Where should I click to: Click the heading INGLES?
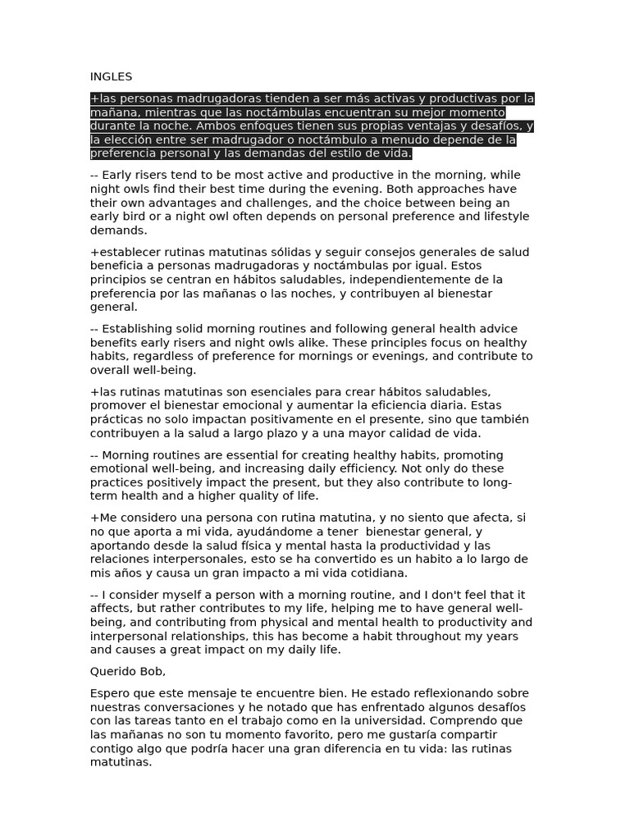click(111, 77)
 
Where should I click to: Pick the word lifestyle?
click(499, 217)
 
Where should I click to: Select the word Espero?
click(109, 694)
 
